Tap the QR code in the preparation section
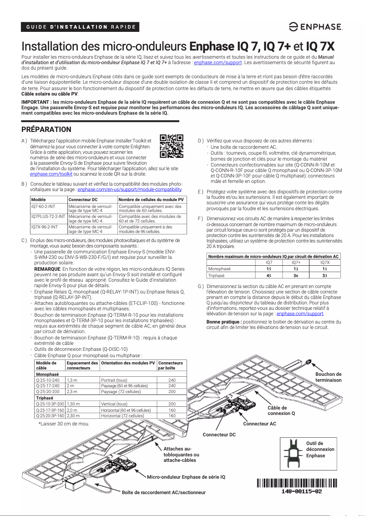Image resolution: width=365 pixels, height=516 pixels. (x=172, y=146)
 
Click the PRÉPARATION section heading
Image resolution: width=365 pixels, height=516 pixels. (x=43, y=130)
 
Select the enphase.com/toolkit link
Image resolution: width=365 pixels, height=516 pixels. (x=51, y=174)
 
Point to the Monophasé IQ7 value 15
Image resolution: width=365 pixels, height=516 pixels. (x=269, y=269)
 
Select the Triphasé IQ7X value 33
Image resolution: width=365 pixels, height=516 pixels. (x=324, y=275)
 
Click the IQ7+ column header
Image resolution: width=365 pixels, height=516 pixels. (x=296, y=263)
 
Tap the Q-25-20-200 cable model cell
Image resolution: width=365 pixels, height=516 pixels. (x=48, y=391)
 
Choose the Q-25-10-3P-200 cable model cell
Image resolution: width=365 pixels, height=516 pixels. (x=50, y=404)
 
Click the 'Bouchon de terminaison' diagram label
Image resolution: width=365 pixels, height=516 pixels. (x=328, y=377)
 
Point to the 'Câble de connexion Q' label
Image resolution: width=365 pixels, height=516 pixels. (x=281, y=410)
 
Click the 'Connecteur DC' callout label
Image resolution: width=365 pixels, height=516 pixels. (x=219, y=435)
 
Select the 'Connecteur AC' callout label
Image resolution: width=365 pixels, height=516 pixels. (x=259, y=424)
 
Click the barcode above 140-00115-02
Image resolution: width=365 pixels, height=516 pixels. (x=297, y=483)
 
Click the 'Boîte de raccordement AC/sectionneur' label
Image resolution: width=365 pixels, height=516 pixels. (x=164, y=492)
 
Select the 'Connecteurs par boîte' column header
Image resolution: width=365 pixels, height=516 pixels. (x=171, y=365)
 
